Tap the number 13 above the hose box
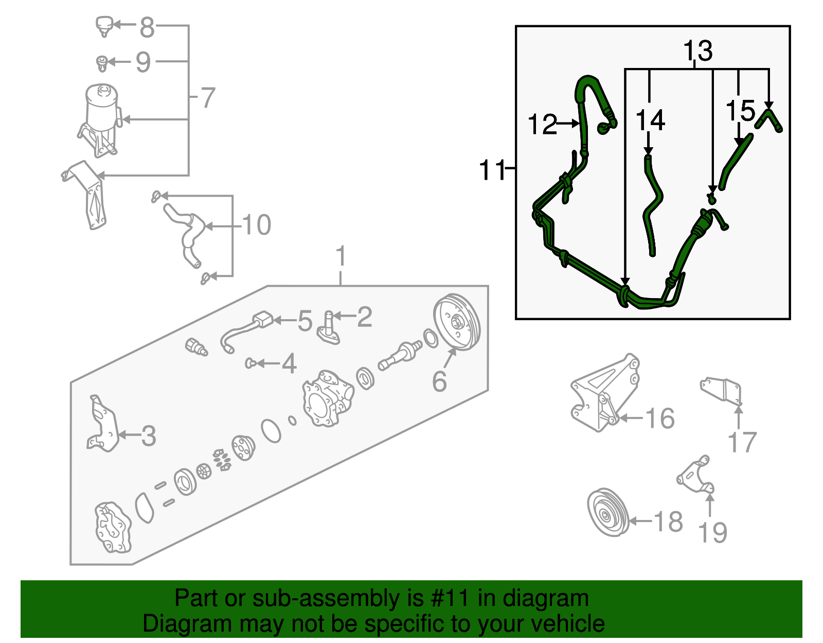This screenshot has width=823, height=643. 697,51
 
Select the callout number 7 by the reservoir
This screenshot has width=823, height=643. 207,97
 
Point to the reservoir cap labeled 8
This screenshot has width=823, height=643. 104,24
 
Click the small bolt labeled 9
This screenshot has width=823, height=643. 102,63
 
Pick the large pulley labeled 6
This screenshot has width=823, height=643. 457,323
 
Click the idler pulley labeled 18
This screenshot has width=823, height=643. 608,513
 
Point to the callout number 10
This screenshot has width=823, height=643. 256,225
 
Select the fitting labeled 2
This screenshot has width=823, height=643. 328,327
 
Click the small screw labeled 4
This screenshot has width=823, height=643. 251,363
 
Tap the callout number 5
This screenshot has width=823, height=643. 305,321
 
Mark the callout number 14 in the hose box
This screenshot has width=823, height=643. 650,120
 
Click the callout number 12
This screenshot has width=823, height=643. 542,124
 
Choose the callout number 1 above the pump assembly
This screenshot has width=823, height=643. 341,256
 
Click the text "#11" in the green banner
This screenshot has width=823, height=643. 446,598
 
